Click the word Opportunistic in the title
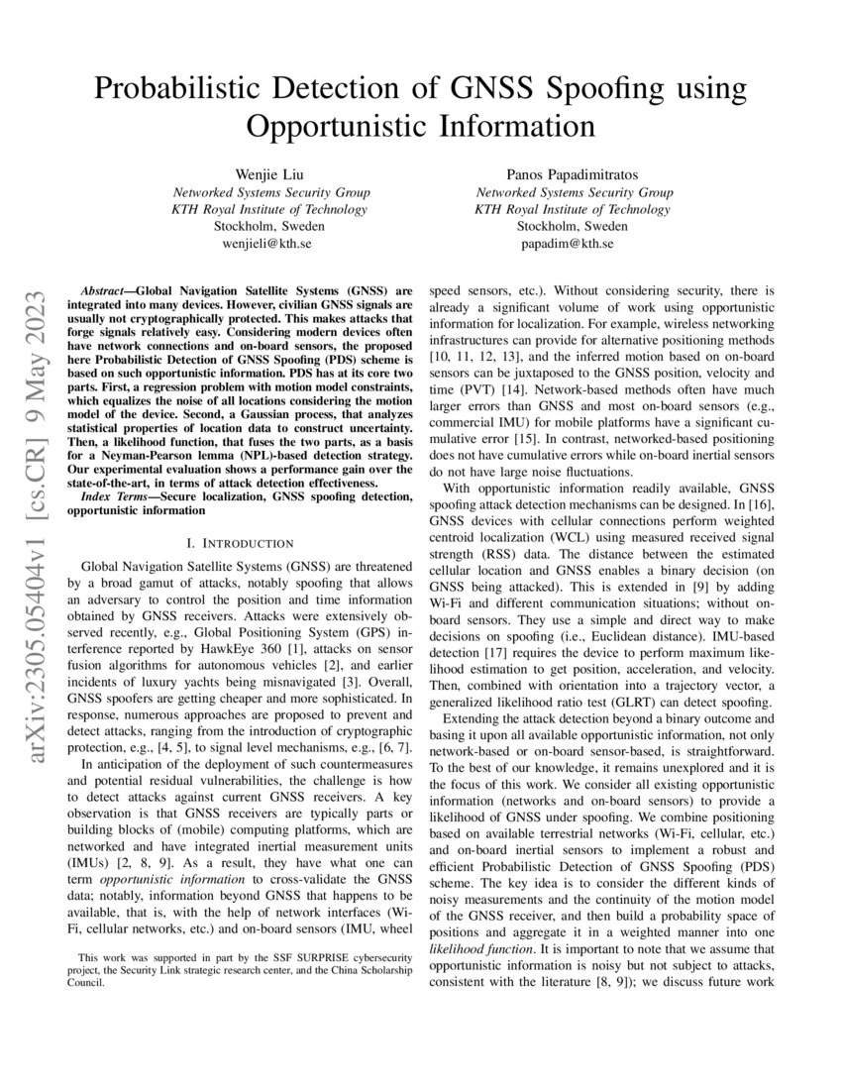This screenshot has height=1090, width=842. [x=337, y=127]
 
